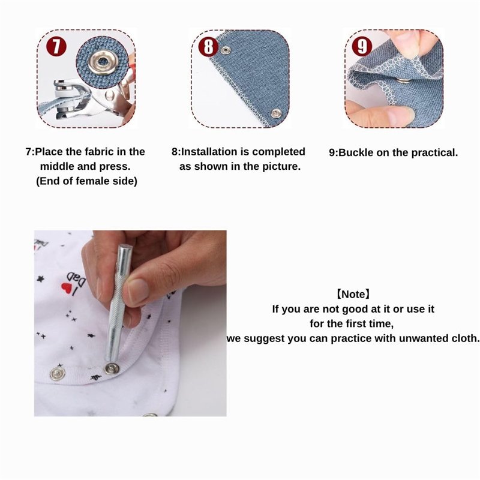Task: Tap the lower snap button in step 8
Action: (x=276, y=112)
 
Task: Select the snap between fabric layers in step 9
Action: (x=404, y=77)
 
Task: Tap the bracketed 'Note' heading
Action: (x=353, y=295)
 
